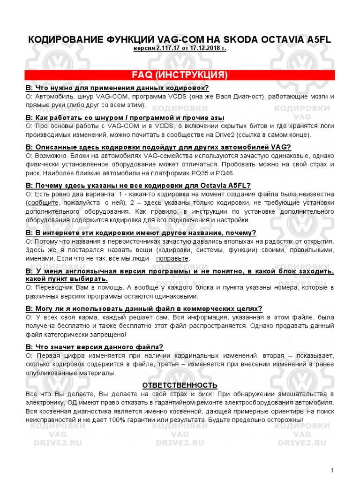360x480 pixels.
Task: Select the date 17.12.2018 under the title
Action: point(204,49)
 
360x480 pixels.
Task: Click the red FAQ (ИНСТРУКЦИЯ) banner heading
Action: point(180,75)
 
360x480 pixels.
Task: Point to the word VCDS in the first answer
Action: point(174,96)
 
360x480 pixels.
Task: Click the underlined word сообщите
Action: point(43,202)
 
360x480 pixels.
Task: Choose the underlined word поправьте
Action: point(172,258)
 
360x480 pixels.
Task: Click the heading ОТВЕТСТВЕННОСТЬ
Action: point(180,385)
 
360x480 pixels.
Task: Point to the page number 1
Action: point(332,470)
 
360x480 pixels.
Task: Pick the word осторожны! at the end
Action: point(286,420)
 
